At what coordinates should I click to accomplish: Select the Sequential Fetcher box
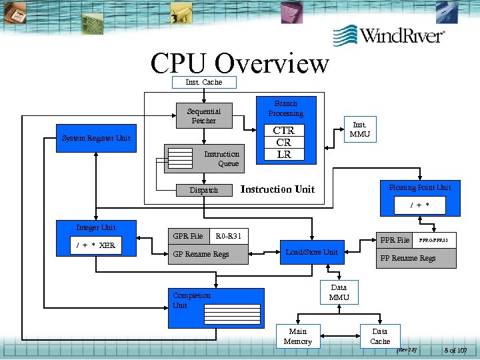tap(203, 115)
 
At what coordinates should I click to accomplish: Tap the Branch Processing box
tap(285, 108)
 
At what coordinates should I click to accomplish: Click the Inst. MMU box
tap(359, 129)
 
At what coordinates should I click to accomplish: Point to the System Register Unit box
tap(96, 138)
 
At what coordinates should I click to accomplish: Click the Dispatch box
tap(203, 190)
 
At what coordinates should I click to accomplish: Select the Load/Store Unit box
tap(312, 252)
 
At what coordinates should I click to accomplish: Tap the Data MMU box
tap(339, 292)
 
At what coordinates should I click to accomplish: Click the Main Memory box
tap(297, 337)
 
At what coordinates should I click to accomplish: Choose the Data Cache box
tap(379, 337)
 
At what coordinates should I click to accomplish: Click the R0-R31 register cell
tap(229, 236)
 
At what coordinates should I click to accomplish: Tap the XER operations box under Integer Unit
tap(95, 245)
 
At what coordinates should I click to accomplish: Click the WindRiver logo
tap(389, 35)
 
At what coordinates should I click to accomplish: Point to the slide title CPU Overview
tap(239, 63)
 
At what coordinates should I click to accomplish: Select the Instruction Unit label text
tap(277, 189)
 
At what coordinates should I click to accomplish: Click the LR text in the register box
tap(283, 154)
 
